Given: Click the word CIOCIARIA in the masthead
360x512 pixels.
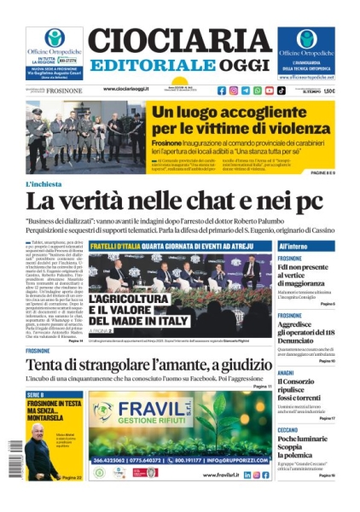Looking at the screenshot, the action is [x=179, y=40].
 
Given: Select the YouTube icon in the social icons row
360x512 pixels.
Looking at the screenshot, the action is [x=269, y=90].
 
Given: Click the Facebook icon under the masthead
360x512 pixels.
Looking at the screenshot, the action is [x=222, y=90].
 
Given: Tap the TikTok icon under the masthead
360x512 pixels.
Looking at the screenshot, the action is [x=281, y=90].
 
